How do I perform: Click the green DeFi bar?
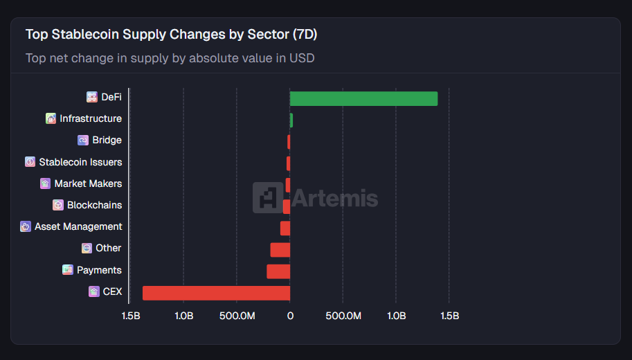tap(363, 98)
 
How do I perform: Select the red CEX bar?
tap(216, 293)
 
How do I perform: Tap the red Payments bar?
tap(278, 271)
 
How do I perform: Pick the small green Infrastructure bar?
tap(291, 120)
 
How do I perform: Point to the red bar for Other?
tap(280, 249)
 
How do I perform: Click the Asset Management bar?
tap(285, 228)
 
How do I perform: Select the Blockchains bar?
tap(287, 206)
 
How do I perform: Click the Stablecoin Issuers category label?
tap(80, 162)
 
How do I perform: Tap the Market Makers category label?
tap(88, 183)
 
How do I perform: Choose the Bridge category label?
tap(107, 140)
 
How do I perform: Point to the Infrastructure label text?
tap(91, 118)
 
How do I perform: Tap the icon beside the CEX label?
tap(94, 291)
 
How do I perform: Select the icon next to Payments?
tap(68, 270)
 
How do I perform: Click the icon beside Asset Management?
tap(26, 226)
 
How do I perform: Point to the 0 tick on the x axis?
tap(290, 316)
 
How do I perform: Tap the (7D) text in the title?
tap(305, 34)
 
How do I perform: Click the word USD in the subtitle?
tap(303, 58)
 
